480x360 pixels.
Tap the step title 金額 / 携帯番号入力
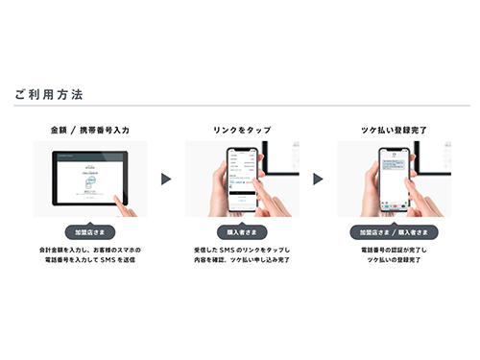coord(90,128)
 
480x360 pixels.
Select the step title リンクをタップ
coord(241,128)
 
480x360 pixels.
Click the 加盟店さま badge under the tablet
coord(90,232)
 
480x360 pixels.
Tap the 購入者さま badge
coord(241,232)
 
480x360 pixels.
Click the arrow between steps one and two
coord(165,179)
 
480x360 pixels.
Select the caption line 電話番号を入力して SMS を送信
coord(90,259)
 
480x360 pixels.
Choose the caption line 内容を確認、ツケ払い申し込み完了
coord(241,259)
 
